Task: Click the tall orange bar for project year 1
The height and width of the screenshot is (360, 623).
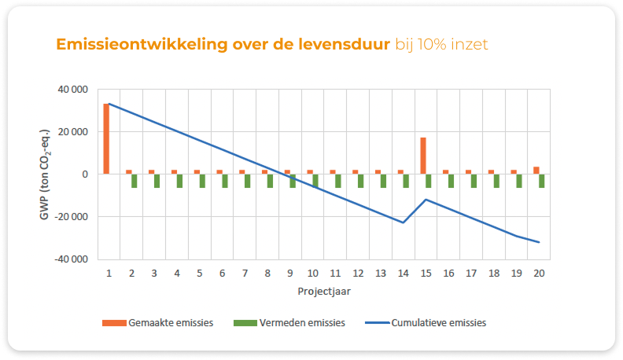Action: [106, 138]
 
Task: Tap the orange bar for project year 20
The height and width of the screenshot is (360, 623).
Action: [536, 170]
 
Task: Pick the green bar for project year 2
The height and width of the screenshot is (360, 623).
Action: [134, 181]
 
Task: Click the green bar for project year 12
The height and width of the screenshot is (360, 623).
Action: [360, 181]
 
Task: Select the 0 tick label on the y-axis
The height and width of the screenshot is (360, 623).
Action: [84, 174]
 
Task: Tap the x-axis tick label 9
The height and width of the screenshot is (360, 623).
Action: [290, 273]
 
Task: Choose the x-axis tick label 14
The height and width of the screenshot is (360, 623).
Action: [403, 273]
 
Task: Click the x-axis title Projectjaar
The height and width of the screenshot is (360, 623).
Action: [323, 290]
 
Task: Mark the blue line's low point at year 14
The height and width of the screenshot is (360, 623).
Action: [404, 222]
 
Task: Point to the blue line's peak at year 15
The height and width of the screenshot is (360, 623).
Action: [426, 199]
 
